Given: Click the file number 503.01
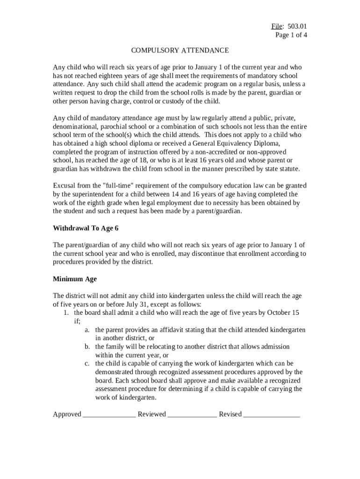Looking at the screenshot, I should tap(298, 26).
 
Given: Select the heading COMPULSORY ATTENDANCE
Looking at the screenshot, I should tap(180, 50).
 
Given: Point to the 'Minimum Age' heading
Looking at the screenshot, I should tap(75, 279).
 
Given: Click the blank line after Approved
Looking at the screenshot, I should tap(109, 414).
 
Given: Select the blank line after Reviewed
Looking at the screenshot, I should tap(192, 414).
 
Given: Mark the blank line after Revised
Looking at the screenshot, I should tap(271, 414).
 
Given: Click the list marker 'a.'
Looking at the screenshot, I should tap(87, 330).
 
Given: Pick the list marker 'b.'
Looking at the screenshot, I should tap(87, 347).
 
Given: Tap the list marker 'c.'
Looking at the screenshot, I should tap(87, 363).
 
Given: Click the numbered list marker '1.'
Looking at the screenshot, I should tap(66, 312).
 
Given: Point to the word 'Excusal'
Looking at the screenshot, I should tap(65, 185).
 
